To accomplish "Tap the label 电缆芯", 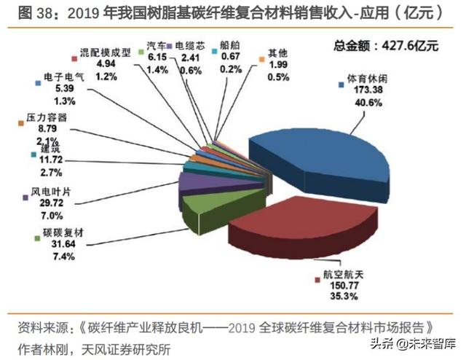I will click(x=186, y=46).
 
